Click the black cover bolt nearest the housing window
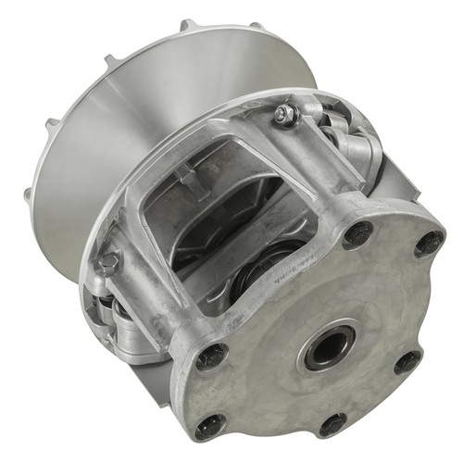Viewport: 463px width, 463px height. click(357, 234)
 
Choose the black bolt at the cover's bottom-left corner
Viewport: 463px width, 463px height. click(210, 425)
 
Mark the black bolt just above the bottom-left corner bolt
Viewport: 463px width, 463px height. click(212, 354)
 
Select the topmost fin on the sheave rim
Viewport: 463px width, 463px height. click(188, 25)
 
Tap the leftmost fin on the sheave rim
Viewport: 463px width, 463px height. click(30, 194)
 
